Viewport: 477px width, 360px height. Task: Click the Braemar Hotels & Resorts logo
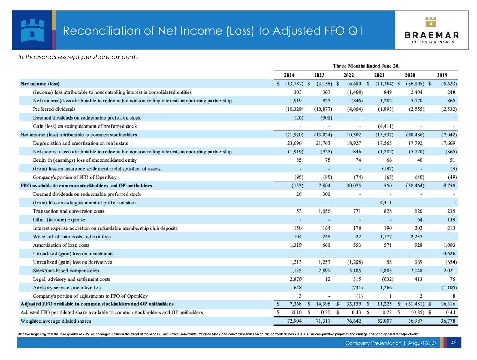click(x=432, y=30)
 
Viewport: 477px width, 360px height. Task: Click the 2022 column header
click(x=348, y=75)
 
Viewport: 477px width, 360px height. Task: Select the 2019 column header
click(x=442, y=75)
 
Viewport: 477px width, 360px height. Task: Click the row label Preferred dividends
click(x=54, y=109)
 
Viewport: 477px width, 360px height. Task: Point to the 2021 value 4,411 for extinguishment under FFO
click(x=386, y=203)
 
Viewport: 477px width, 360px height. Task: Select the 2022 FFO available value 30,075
click(x=354, y=186)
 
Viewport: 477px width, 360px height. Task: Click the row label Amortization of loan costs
click(x=61, y=245)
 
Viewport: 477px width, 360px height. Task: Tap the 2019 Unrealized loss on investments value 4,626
click(x=451, y=254)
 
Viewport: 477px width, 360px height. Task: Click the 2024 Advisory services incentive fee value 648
click(x=297, y=288)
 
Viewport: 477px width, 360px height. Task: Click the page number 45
click(x=454, y=343)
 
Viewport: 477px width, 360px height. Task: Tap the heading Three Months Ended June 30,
click(x=366, y=66)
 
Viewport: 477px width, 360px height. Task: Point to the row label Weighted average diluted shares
click(x=56, y=321)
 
